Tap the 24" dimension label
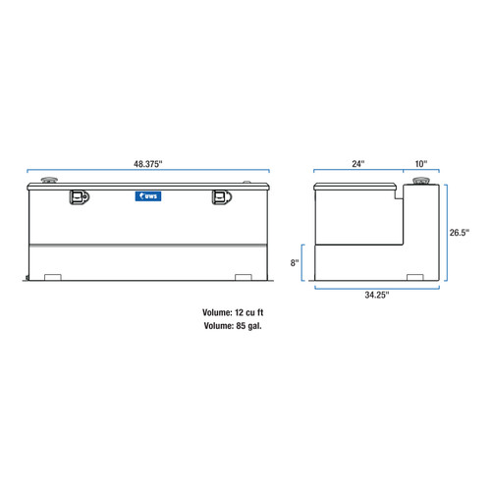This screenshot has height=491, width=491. coord(357,164)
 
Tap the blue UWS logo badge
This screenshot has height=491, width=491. coord(149,197)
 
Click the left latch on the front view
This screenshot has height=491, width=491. coord(78,197)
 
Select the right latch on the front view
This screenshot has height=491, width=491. coord(221,197)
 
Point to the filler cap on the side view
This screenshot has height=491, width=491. coord(423,183)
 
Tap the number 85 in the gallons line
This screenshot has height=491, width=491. coord(243,326)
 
